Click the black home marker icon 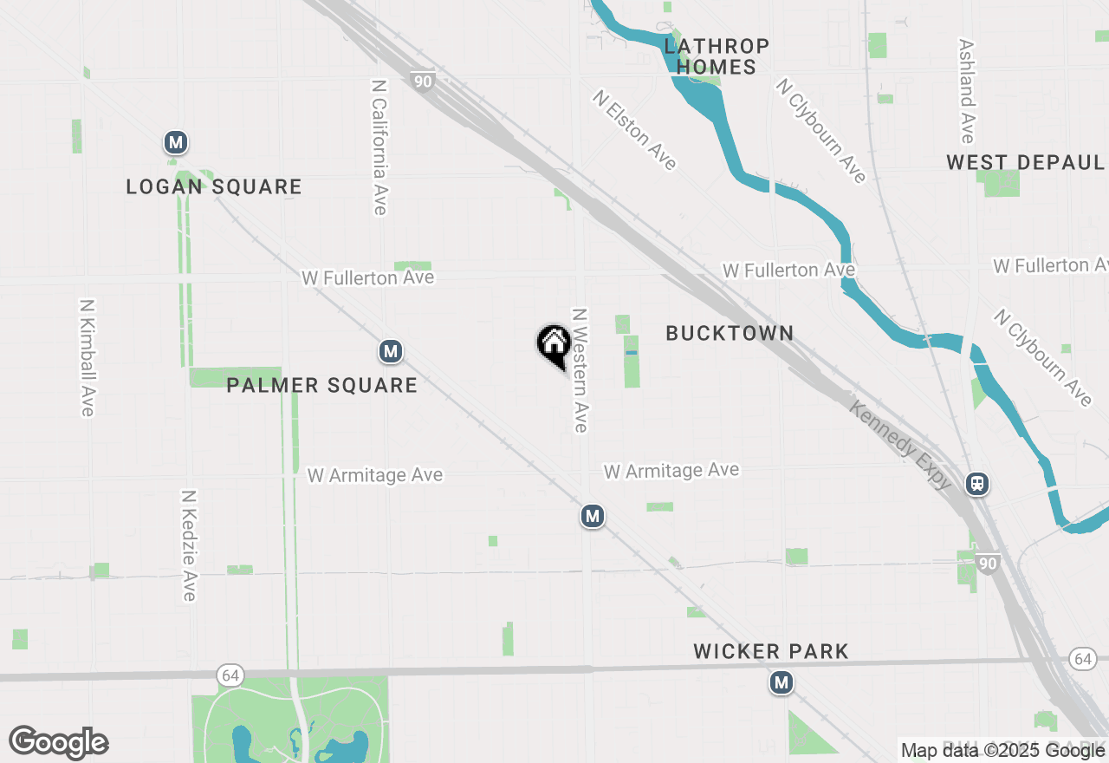click(554, 345)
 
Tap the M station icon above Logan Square click(176, 142)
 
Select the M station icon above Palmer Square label click(391, 351)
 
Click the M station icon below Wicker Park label click(781, 683)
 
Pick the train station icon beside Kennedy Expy click(978, 484)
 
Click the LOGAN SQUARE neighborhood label click(214, 186)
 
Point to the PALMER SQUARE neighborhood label click(321, 385)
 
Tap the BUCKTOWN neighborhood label click(730, 333)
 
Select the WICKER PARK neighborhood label click(771, 651)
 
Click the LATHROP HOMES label click(717, 56)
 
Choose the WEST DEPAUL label click(1025, 162)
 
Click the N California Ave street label click(379, 147)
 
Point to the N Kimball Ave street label click(87, 357)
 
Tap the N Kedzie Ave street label click(189, 545)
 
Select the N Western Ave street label click(580, 369)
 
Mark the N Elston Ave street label click(634, 130)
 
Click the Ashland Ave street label click(967, 90)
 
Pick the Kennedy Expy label click(900, 446)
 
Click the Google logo click(59, 742)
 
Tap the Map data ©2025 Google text click(1002, 751)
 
